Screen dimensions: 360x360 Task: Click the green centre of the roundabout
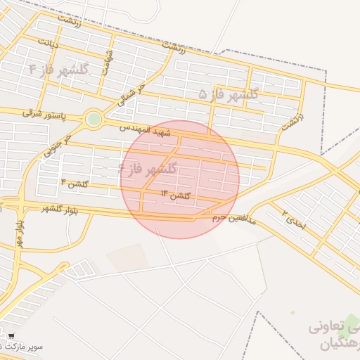[x=93, y=120]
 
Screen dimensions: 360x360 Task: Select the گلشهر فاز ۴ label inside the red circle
[x=148, y=169]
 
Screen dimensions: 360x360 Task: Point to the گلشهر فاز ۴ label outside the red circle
[x=60, y=68]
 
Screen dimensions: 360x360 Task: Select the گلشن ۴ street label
[x=75, y=183]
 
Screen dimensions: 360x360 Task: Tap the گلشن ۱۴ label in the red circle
[x=176, y=194]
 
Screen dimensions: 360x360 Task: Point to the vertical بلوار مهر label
[x=18, y=231]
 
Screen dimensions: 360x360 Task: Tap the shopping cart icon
[x=11, y=336]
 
